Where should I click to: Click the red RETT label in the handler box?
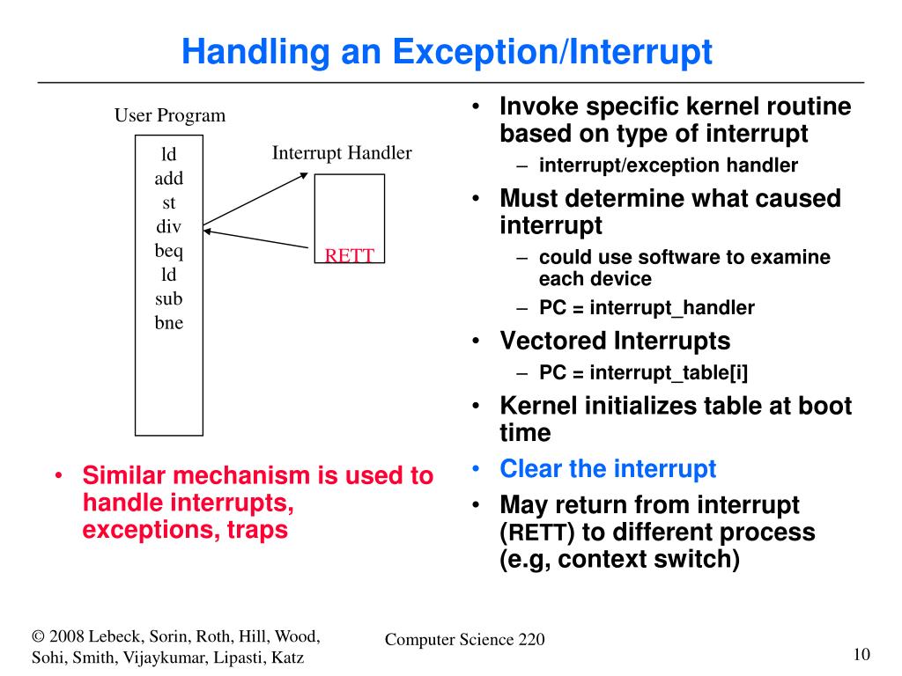(x=350, y=256)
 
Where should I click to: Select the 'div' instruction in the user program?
(x=168, y=227)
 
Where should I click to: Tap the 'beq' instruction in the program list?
(x=169, y=251)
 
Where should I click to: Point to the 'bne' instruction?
(x=169, y=323)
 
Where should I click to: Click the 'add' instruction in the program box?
(x=169, y=179)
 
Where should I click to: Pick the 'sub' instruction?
(x=169, y=298)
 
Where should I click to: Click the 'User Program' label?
(x=170, y=115)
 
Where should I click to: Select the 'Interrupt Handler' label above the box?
(x=342, y=153)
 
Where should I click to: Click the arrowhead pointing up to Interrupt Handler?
(x=304, y=175)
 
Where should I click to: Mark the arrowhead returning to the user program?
(x=209, y=231)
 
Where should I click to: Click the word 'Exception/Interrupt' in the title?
(x=552, y=53)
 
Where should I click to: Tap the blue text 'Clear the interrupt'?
(x=608, y=469)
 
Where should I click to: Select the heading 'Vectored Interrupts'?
(x=615, y=341)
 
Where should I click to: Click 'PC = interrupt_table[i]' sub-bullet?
(x=643, y=372)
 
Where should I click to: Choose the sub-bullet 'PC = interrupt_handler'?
(x=647, y=308)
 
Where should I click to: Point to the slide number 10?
(x=861, y=653)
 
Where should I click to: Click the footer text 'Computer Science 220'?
(x=464, y=640)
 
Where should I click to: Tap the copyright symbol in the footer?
(x=38, y=636)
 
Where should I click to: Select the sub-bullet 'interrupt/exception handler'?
(x=669, y=165)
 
